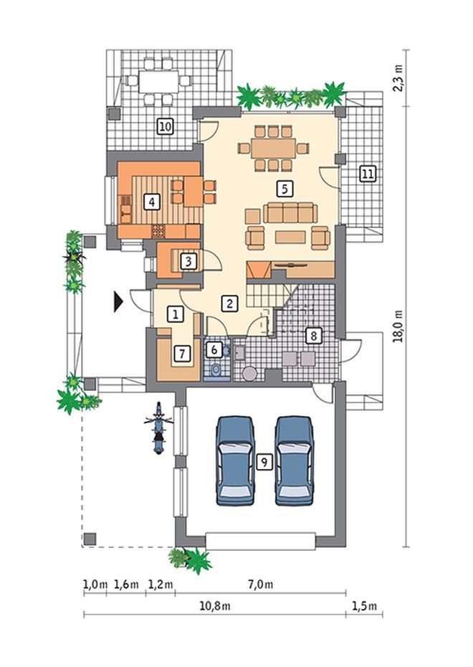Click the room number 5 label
pos(285,189)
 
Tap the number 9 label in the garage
pos(264,462)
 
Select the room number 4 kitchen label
pos(152,202)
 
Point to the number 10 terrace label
pos(166,126)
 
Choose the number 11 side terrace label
pos(368,174)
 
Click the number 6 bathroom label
pos(214,350)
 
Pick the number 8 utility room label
pos(314,336)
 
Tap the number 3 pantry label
pos(188,261)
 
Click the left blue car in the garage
pos(235,460)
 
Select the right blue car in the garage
pos(294,460)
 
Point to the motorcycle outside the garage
pos(158,428)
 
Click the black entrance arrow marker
pos(118,302)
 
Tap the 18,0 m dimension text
pos(399,326)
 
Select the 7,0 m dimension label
pos(261,585)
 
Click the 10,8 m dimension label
pos(215,606)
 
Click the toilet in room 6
pos(216,370)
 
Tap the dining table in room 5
pos(273,148)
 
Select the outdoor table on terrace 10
pos(159,81)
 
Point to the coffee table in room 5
pos(290,237)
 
